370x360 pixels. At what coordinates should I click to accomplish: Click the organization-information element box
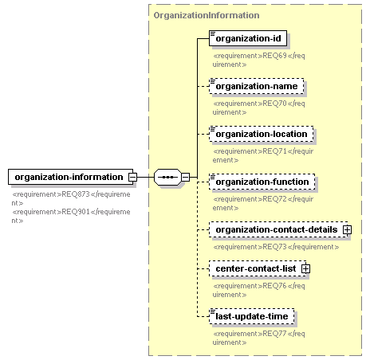tap(70, 177)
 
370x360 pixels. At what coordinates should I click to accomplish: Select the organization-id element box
tap(248, 38)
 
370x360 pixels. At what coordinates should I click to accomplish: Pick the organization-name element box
tap(257, 86)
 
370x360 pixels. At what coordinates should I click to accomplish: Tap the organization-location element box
tap(262, 134)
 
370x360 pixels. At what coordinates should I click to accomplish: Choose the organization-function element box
tap(262, 182)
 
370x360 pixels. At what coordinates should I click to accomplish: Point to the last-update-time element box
tap(252, 316)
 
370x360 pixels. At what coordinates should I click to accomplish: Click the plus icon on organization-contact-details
tap(347, 229)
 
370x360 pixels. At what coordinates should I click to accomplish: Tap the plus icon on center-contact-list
tap(305, 268)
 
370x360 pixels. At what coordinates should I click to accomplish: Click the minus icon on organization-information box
tap(132, 177)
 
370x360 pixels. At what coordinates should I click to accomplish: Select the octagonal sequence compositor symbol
tap(167, 177)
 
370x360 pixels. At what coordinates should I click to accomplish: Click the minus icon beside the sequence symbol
tap(186, 177)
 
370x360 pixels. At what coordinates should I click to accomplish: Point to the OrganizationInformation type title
tap(207, 15)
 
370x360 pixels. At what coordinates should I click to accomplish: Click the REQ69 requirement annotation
tap(258, 60)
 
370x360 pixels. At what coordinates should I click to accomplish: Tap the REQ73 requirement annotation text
tap(276, 247)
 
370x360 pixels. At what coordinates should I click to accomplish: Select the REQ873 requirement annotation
tap(71, 198)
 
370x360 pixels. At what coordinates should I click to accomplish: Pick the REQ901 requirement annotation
tap(71, 216)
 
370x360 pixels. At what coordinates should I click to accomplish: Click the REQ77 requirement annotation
tap(258, 338)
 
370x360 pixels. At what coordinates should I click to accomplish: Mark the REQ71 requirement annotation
tap(263, 155)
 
